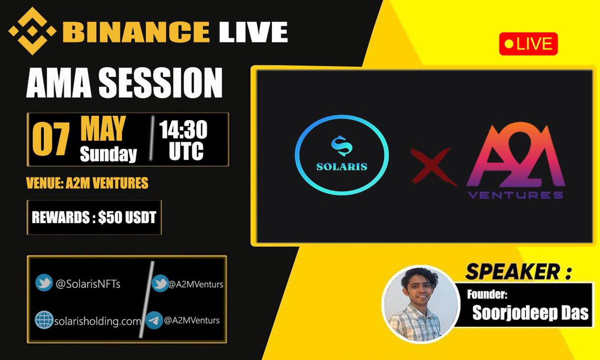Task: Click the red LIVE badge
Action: point(528,44)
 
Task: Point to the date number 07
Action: point(50,140)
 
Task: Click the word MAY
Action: point(102,128)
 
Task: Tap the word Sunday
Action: point(108,154)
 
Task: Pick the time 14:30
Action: point(183,130)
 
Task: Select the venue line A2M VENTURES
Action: point(87,183)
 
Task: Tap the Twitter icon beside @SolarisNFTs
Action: point(44,283)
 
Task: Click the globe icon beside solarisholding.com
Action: point(44,320)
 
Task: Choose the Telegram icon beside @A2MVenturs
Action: point(154,320)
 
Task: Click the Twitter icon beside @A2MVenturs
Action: point(160,283)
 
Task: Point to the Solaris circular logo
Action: point(341,159)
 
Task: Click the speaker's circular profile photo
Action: point(420,304)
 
